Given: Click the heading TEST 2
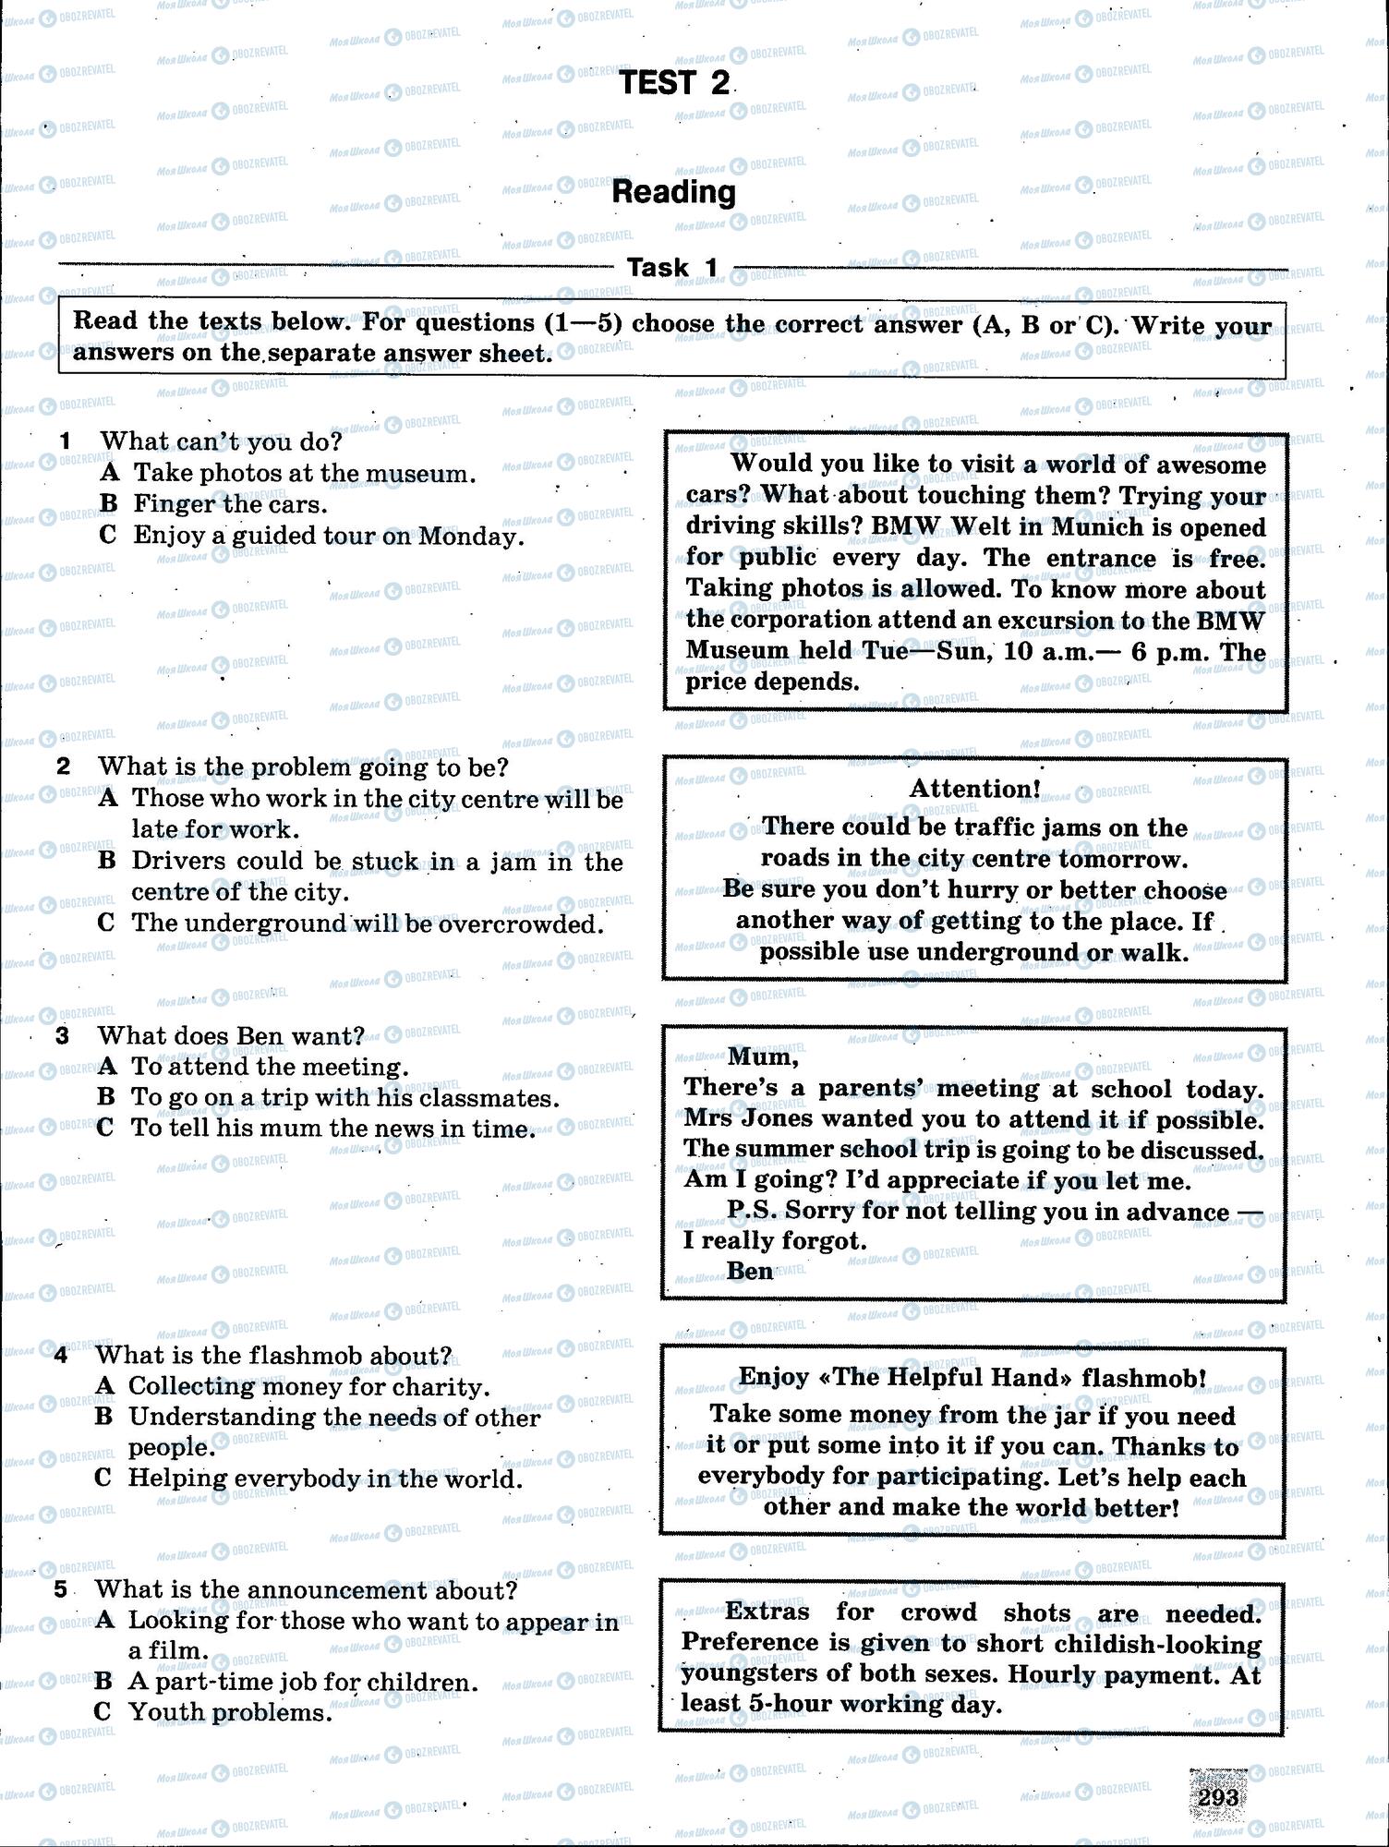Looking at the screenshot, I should coord(675,83).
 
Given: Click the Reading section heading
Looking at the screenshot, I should coord(674,192).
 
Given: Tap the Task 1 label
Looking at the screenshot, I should coord(672,268).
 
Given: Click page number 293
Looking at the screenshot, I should coord(1217,1797).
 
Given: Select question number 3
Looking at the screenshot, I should coord(63,1035).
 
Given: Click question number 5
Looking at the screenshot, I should coord(61,1588).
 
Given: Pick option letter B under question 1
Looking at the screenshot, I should coord(109,503).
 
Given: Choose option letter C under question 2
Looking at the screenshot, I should coord(106,923).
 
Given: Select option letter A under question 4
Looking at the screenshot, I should coord(104,1385).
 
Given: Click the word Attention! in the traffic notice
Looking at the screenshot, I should coord(974,788).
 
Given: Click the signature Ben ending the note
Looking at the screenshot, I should coord(749,1271).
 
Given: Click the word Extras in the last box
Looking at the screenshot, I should coord(767,1612).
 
